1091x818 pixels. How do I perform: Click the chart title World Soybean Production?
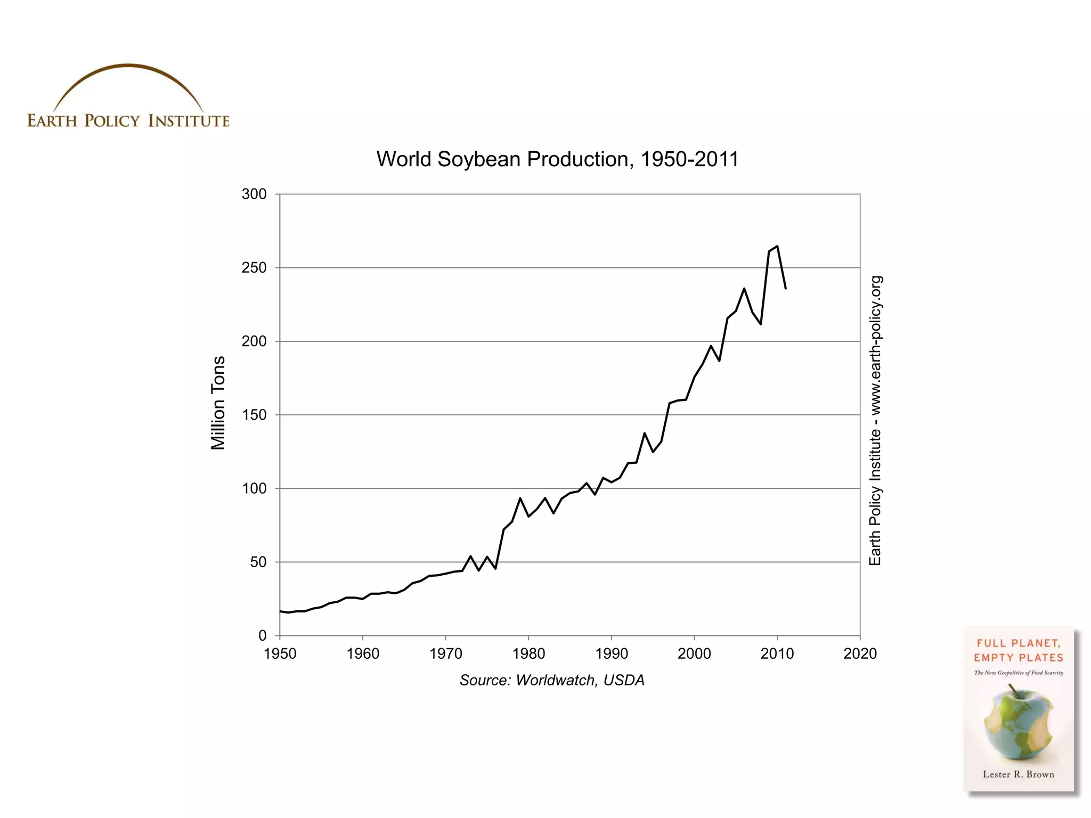pos(557,159)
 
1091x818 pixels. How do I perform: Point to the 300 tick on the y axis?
pos(254,194)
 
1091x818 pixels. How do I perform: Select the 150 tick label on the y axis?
pos(254,415)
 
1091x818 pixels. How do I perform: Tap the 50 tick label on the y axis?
pos(258,562)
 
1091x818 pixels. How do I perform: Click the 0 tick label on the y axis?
pos(263,635)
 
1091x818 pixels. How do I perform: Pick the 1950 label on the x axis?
pos(280,653)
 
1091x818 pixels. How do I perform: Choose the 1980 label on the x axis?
pos(528,653)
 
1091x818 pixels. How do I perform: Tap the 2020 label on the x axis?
pos(860,653)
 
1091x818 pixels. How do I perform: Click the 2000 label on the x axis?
pos(694,653)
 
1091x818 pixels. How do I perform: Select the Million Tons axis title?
pos(218,403)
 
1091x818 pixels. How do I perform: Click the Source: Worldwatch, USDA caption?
pos(552,680)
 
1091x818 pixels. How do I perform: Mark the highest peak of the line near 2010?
pos(777,246)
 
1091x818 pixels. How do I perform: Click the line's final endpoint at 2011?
pos(786,288)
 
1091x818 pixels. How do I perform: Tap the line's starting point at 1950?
pos(281,611)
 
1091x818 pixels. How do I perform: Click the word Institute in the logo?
pos(189,121)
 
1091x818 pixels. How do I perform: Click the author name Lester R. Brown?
pos(1018,774)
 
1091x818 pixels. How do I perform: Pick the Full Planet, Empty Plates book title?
pos(1018,650)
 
